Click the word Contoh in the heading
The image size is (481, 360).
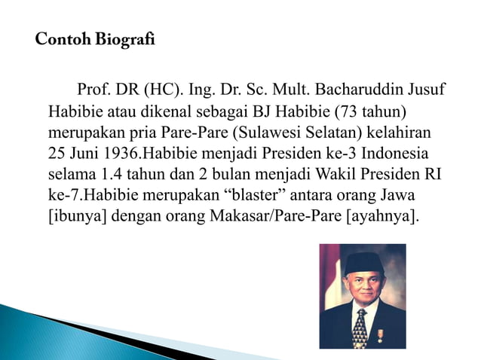pos(59,39)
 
